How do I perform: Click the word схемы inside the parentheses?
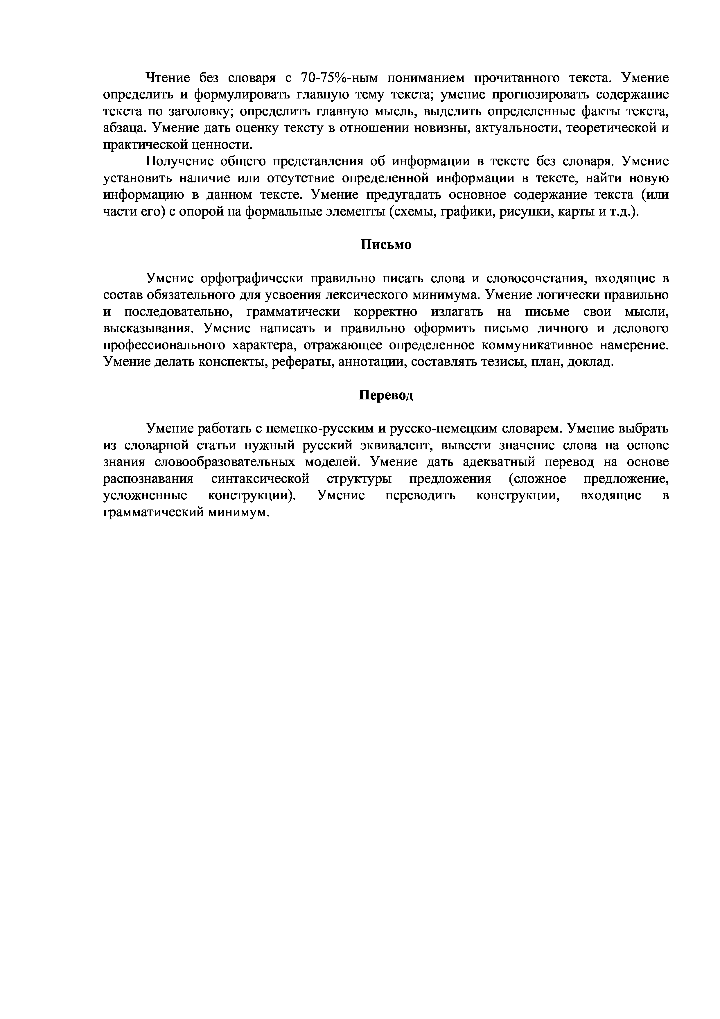click(407, 212)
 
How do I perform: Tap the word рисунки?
click(524, 212)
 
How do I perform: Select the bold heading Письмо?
click(385, 245)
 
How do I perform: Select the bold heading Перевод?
click(385, 395)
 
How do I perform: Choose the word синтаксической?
click(260, 479)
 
